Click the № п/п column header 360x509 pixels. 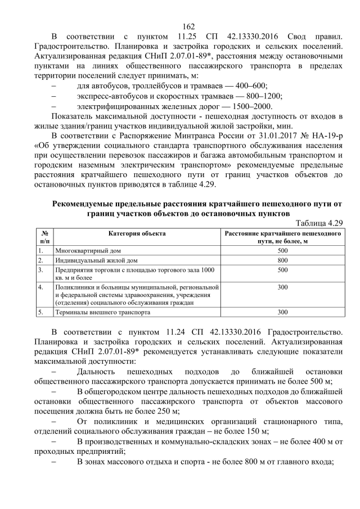(44, 236)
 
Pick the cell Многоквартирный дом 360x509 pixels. (87, 250)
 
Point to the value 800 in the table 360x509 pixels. (283, 260)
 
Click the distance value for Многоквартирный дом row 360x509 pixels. (283, 250)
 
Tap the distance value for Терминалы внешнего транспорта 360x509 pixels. (283, 311)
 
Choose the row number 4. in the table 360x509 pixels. (41, 287)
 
